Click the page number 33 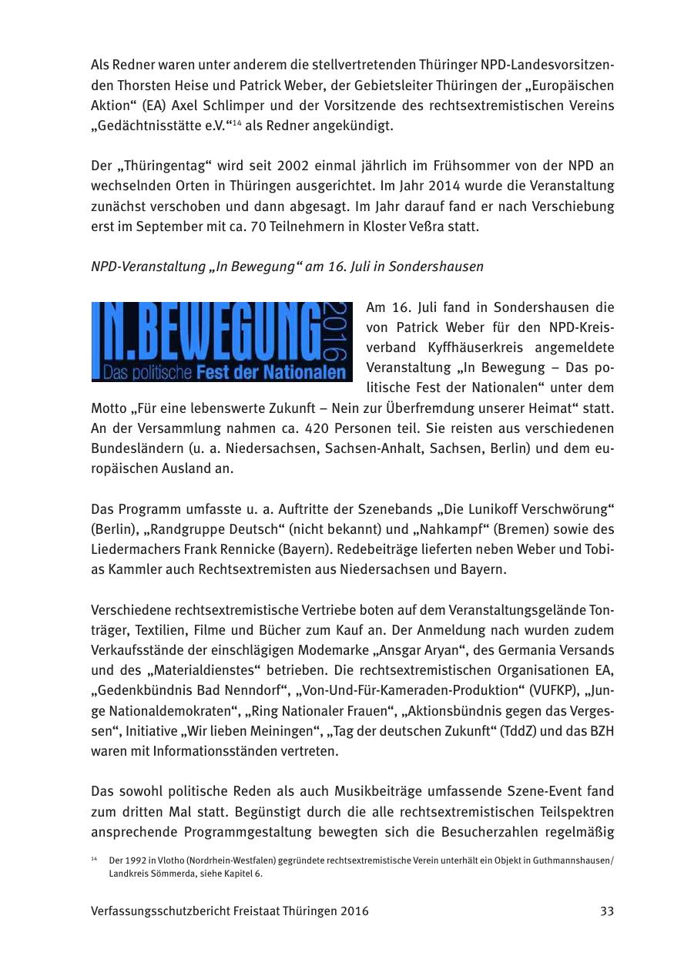pyautogui.click(x=607, y=911)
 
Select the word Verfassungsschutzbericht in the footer pyautogui.click(x=163, y=911)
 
